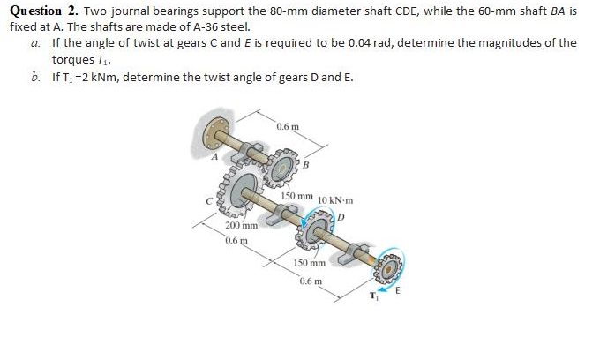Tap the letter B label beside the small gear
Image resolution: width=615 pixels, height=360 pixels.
tap(307, 163)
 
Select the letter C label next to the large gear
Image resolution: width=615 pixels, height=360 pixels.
tap(210, 201)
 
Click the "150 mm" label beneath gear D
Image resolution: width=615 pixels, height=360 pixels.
tap(311, 263)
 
